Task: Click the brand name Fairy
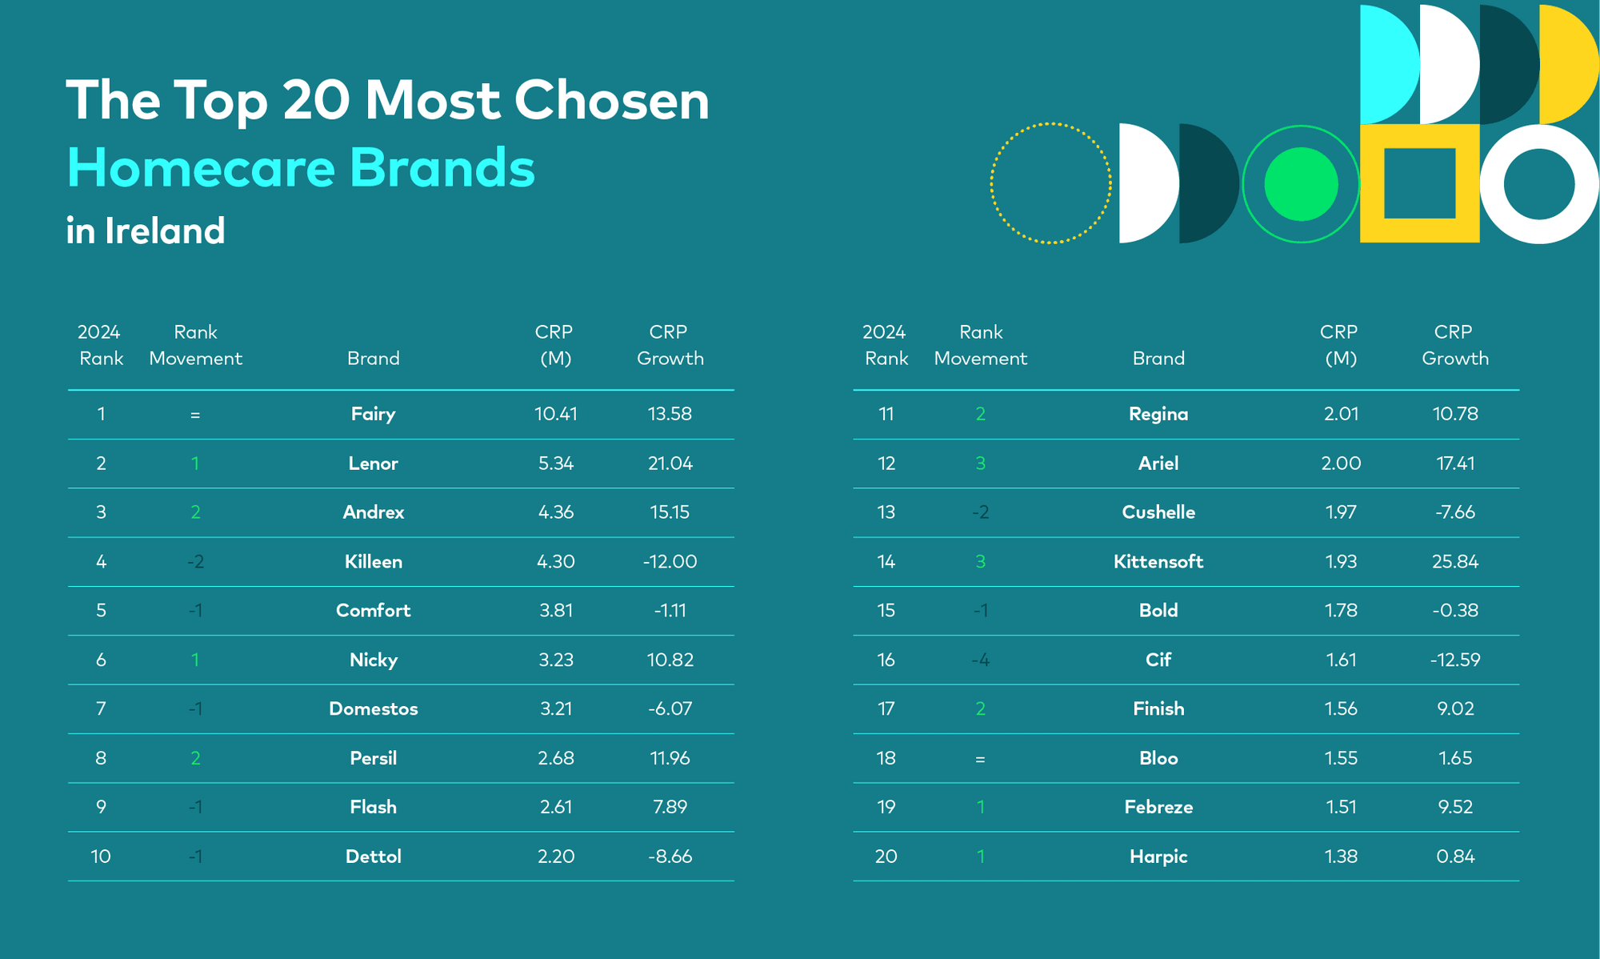click(x=373, y=415)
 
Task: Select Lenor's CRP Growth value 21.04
click(x=670, y=463)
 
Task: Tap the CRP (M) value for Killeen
click(x=556, y=562)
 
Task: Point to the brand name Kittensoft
click(x=1158, y=562)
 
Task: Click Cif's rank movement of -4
click(x=980, y=660)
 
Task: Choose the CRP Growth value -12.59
click(x=1455, y=660)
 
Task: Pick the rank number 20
click(x=886, y=857)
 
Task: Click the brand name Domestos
click(x=373, y=709)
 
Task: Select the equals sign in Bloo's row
click(x=980, y=759)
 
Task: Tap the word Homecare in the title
click(x=201, y=168)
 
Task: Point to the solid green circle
click(x=1301, y=184)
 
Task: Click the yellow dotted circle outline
click(x=1050, y=123)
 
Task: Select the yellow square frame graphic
click(x=1372, y=183)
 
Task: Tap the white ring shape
click(x=1491, y=184)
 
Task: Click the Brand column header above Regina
click(x=1158, y=359)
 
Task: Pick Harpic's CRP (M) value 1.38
click(x=1341, y=857)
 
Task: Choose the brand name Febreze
click(x=1158, y=808)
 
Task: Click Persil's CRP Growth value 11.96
click(x=670, y=759)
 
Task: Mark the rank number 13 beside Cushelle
click(x=886, y=512)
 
